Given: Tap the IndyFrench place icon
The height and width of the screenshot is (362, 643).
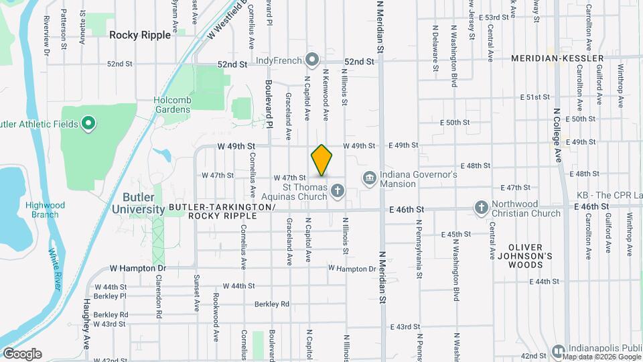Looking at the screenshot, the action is (x=311, y=60).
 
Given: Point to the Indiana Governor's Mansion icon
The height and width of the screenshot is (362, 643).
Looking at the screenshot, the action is (x=369, y=178).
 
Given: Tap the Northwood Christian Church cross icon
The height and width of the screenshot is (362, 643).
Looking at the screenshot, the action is (x=481, y=208).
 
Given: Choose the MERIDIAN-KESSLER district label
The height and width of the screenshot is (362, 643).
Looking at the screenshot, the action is (x=549, y=59).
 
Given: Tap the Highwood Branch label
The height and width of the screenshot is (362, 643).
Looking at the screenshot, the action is (x=46, y=210).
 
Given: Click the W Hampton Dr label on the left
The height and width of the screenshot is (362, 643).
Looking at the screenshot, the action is (x=137, y=267).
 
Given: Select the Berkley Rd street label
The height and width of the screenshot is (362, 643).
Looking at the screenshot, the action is (x=272, y=304).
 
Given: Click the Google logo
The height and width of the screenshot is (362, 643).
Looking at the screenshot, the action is (x=22, y=354).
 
